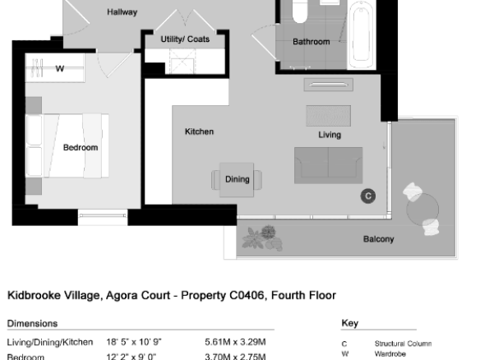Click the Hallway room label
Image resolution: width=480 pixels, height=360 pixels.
tap(122, 12)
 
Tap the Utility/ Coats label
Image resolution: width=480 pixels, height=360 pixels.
tap(185, 39)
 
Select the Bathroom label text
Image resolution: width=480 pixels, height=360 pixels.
tap(312, 42)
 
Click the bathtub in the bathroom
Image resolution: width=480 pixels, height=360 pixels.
tap(361, 35)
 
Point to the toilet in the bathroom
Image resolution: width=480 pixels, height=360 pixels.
tap(300, 12)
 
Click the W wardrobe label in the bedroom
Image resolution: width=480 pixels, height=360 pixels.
tap(60, 68)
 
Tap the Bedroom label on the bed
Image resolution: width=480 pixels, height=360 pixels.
tap(81, 148)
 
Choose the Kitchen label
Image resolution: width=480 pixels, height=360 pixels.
tap(199, 132)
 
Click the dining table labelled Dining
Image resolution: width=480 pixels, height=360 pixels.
tap(237, 180)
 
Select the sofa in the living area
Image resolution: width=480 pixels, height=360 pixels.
tap(329, 165)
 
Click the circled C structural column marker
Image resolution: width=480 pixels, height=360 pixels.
tap(368, 196)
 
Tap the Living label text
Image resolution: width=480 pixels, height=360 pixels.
tap(330, 135)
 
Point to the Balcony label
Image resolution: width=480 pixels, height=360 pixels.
tap(379, 239)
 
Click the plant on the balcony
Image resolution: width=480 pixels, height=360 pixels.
tap(262, 238)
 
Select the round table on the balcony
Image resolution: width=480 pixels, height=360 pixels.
tap(422, 210)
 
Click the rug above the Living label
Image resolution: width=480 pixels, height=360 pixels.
tap(329, 116)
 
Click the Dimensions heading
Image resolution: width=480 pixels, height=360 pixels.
tap(32, 324)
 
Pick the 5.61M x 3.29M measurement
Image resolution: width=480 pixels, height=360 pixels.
tap(235, 342)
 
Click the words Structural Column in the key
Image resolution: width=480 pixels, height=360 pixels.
tap(404, 344)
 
